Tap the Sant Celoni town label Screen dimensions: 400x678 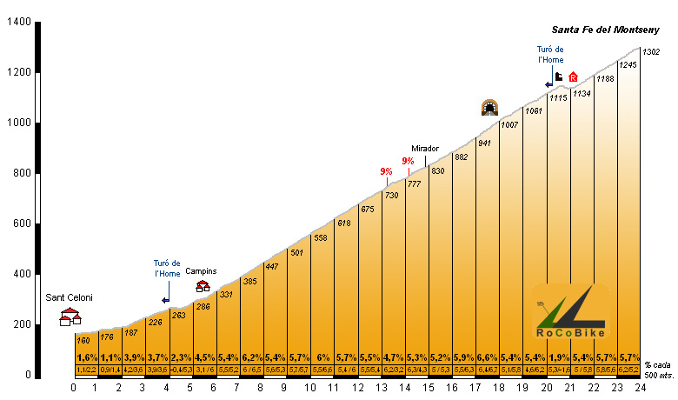coord(69,297)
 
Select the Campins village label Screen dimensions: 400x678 coord(201,271)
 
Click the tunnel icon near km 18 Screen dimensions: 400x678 coord(490,108)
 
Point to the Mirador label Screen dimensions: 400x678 coord(425,149)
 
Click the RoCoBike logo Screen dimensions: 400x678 coord(569,312)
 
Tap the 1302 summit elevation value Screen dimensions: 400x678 coord(652,52)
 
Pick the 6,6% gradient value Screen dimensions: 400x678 coord(488,357)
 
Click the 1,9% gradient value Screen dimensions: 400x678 coord(559,357)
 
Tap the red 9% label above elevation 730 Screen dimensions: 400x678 coord(386,171)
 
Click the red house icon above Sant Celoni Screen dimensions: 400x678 coord(70,317)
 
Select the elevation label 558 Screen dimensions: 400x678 coord(321,237)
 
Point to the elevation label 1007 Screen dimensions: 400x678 coord(509,125)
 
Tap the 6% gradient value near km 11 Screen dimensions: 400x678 coord(322,357)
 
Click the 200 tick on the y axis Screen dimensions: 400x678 coord(21,325)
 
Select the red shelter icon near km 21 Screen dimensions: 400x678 coord(572,77)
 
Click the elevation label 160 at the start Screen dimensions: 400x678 coord(83,340)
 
